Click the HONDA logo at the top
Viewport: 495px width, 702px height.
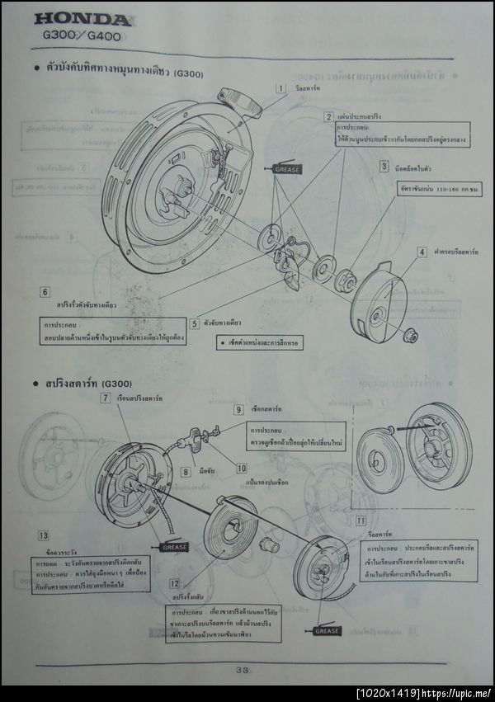pyautogui.click(x=82, y=20)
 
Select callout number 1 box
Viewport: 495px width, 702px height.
pyautogui.click(x=280, y=88)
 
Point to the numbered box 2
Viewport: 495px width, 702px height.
pyautogui.click(x=328, y=117)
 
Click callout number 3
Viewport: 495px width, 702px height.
pyautogui.click(x=384, y=166)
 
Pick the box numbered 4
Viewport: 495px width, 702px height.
pyautogui.click(x=422, y=252)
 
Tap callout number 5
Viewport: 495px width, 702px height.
pyautogui.click(x=194, y=324)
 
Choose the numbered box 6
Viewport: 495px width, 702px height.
pyautogui.click(x=45, y=292)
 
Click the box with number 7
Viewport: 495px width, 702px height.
pyautogui.click(x=106, y=398)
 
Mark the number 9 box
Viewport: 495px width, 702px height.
pyautogui.click(x=238, y=409)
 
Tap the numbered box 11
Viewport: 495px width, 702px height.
pyautogui.click(x=361, y=521)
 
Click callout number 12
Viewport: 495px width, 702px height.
pyautogui.click(x=175, y=583)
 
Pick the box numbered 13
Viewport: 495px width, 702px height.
pyautogui.click(x=43, y=535)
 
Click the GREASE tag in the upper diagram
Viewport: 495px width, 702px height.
pyautogui.click(x=287, y=169)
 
